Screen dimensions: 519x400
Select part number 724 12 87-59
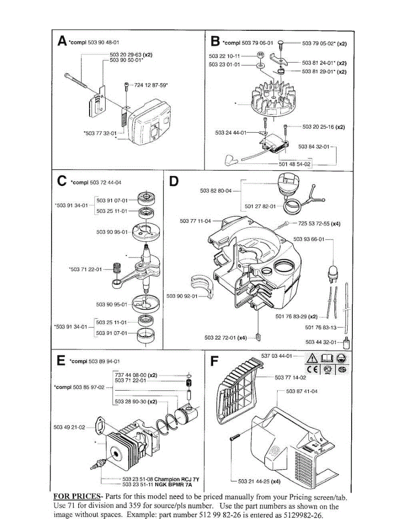pyautogui.click(x=151, y=85)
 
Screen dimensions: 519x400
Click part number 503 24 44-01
pyautogui.click(x=230, y=133)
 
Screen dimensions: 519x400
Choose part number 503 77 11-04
pyautogui.click(x=195, y=221)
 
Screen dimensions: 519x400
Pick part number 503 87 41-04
pyautogui.click(x=302, y=391)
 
